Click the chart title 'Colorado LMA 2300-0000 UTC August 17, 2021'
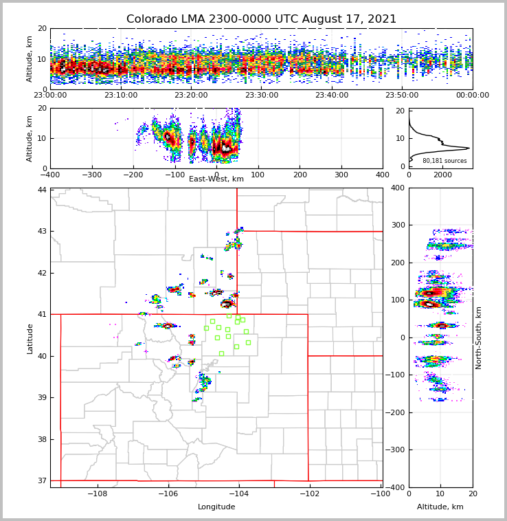point(261,19)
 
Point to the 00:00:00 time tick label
point(473,96)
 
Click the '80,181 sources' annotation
point(444,161)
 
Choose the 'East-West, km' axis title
point(216,179)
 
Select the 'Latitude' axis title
point(30,338)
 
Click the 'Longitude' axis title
point(216,507)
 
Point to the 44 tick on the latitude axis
point(43,190)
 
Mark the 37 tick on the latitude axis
point(43,480)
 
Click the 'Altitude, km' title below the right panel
point(440,507)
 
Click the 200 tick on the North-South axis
point(396,263)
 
